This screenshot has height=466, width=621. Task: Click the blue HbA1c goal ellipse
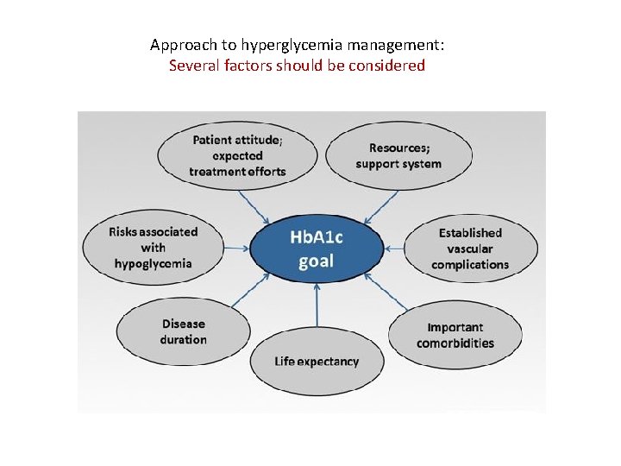tap(316, 248)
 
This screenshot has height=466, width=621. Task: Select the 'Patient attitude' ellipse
tap(237, 155)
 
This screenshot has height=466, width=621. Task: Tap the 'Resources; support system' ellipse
tap(398, 156)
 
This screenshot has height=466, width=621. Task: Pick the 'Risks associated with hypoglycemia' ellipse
tap(153, 248)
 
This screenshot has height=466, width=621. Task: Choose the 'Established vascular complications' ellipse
tap(470, 249)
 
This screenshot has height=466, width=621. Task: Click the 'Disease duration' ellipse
tap(183, 331)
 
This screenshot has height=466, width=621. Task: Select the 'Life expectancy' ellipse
tap(317, 361)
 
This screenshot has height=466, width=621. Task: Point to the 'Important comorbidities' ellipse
tap(455, 335)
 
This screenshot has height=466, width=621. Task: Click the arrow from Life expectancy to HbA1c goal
tap(317, 305)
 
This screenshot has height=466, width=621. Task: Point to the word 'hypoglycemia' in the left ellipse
tap(153, 263)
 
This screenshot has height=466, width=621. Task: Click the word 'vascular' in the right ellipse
tap(470, 249)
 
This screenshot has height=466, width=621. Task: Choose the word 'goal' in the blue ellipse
tap(316, 261)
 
